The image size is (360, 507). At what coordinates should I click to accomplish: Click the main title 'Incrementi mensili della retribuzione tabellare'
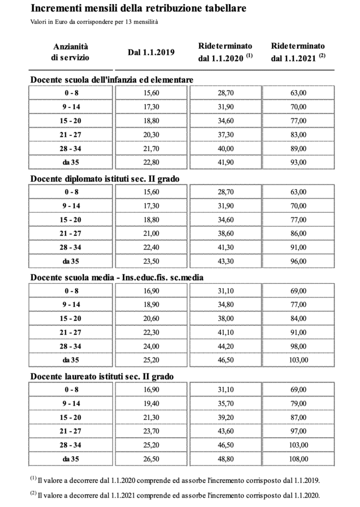point(138,9)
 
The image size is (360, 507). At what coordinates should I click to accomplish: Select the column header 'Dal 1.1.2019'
point(151,52)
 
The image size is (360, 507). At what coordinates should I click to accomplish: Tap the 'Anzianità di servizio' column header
point(70,51)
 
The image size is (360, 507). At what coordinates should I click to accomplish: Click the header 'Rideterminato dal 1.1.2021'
point(298,51)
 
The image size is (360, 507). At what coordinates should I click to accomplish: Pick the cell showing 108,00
point(298,459)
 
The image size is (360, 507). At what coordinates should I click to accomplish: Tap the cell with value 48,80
point(225,459)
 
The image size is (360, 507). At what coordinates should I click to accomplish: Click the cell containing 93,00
point(298,162)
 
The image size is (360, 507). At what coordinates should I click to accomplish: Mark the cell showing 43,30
point(225,261)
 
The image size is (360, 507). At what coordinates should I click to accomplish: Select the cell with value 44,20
point(225,346)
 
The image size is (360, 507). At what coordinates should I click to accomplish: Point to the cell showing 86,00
point(298,233)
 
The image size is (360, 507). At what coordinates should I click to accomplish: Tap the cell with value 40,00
point(225,148)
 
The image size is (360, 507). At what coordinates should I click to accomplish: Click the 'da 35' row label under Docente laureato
point(71,459)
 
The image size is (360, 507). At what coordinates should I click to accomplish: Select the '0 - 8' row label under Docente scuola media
point(71,291)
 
